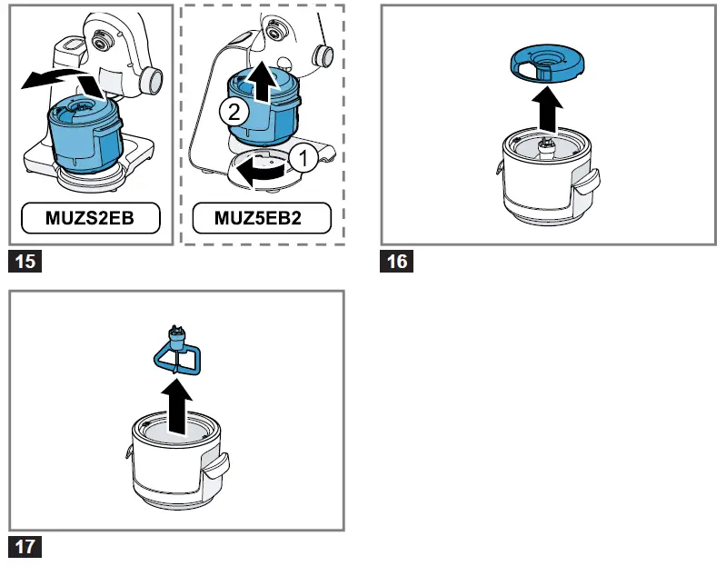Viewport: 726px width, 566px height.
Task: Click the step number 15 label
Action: click(25, 263)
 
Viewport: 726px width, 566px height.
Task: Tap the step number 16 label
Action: click(397, 263)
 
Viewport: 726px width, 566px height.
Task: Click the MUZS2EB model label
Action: click(91, 218)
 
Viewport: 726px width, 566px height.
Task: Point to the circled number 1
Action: click(305, 158)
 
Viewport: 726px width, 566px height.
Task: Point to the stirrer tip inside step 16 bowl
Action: click(546, 146)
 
